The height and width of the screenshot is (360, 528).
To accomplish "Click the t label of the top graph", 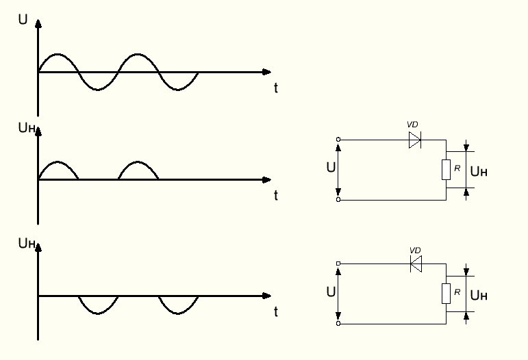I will tap(275, 88).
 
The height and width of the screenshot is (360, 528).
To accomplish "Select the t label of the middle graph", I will tap(275, 196).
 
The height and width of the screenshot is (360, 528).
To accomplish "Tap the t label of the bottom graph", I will tap(275, 313).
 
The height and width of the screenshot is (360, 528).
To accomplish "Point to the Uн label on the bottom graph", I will tap(25, 243).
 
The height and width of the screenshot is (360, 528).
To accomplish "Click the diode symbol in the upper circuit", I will tap(415, 140).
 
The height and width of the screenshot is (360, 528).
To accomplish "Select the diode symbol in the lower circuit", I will tap(415, 263).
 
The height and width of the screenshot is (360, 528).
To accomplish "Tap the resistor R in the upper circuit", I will tap(446, 169).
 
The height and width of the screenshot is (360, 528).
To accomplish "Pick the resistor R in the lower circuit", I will tap(446, 294).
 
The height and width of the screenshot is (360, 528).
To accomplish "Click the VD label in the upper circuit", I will tap(412, 125).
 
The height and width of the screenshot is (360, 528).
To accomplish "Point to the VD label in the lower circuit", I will tap(414, 250).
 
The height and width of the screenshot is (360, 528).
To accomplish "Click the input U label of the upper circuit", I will tap(331, 168).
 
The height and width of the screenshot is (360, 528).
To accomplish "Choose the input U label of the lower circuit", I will tap(331, 292).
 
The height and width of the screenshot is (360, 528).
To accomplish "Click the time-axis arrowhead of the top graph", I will tap(267, 72).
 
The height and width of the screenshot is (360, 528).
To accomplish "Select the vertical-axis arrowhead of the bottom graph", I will tap(38, 244).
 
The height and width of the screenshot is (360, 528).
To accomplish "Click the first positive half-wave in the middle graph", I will tap(59, 170).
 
